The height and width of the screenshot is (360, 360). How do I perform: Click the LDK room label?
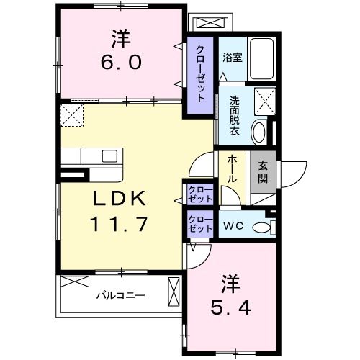click(x=120, y=198)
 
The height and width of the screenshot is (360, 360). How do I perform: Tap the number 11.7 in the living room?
click(x=120, y=225)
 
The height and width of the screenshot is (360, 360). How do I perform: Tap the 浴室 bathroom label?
click(x=231, y=57)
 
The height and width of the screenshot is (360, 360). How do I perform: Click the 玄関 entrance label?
click(x=263, y=172)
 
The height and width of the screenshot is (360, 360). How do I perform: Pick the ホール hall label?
click(x=233, y=168)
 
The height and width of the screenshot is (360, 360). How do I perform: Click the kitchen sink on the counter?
click(x=110, y=156)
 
